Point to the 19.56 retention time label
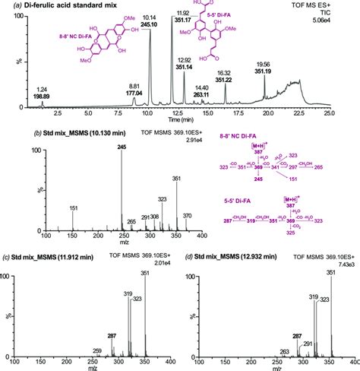(x=263, y=65)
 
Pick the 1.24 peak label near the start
(x=42, y=90)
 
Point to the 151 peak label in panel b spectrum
(x=73, y=208)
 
